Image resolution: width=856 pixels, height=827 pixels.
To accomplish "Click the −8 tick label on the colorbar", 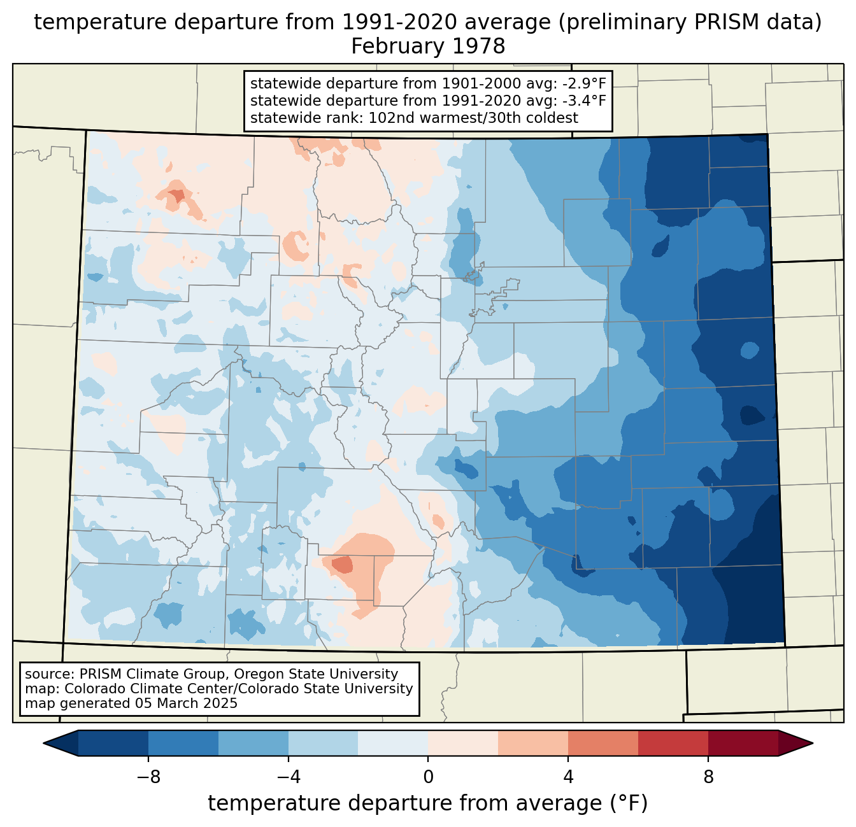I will click(x=148, y=777).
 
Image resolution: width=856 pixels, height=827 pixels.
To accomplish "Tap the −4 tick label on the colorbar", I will click(x=289, y=777).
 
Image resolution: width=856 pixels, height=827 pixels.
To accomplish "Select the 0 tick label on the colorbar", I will click(x=428, y=777).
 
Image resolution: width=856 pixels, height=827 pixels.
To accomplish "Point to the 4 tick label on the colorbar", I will click(x=568, y=777).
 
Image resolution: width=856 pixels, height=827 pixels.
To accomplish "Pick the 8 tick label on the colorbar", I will click(x=708, y=777).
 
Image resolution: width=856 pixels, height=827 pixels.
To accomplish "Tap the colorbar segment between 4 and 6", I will click(x=603, y=743).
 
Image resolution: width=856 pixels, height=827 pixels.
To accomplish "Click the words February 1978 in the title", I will click(x=428, y=46).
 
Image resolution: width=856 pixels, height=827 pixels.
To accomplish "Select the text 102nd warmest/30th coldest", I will click(x=473, y=118).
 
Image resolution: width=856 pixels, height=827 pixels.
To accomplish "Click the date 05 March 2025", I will click(x=186, y=703).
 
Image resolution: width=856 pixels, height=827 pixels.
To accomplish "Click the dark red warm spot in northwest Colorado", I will click(x=178, y=195).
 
